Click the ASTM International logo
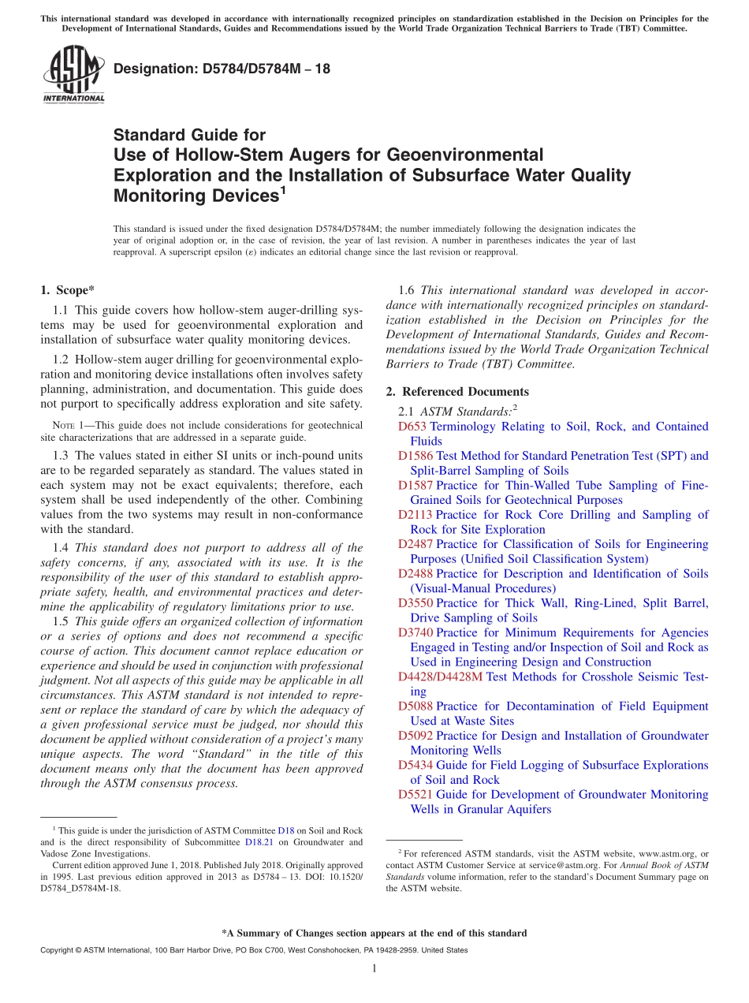[x=73, y=76]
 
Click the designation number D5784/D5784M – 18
[x=222, y=69]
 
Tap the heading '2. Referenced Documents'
[x=457, y=392]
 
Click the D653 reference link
[x=412, y=427]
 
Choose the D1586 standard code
[x=415, y=456]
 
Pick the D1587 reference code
[x=415, y=486]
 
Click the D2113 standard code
[x=415, y=515]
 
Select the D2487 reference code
[x=415, y=544]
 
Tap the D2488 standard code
[x=415, y=574]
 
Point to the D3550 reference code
[x=415, y=603]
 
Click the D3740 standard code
[x=415, y=632]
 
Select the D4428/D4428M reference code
[x=441, y=677]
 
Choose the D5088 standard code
[x=415, y=707]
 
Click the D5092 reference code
[x=415, y=736]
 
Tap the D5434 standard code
[x=415, y=765]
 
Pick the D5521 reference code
[x=415, y=795]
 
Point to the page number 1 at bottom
[x=374, y=969]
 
